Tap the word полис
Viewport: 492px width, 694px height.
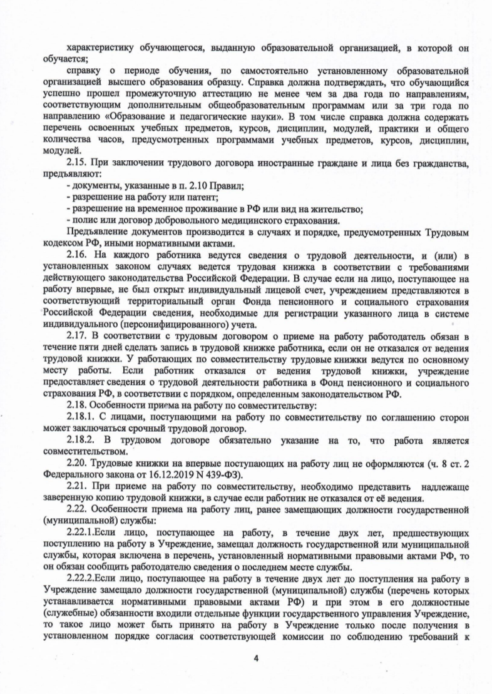coord(80,220)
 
